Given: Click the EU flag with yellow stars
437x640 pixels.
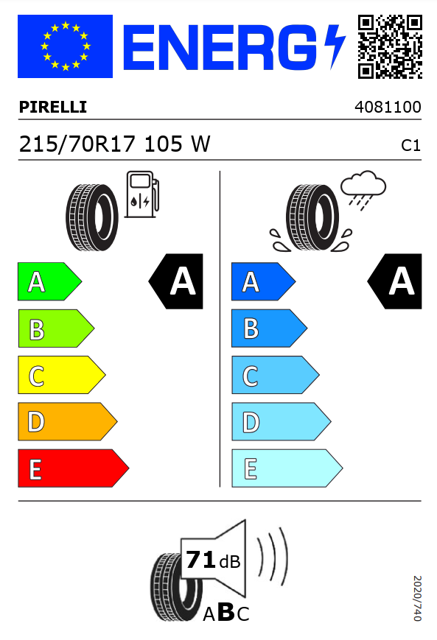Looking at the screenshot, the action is (65, 46).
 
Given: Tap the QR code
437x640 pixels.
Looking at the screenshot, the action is (390, 46).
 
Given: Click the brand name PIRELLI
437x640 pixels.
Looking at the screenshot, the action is (53, 107).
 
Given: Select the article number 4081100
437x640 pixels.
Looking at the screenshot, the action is (388, 107).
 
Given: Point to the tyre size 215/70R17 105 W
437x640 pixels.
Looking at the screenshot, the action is (115, 144).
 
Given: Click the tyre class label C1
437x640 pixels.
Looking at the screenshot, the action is (410, 145).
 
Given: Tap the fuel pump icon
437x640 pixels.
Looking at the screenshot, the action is (142, 194).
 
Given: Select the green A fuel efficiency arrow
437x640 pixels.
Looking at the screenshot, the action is (49, 281).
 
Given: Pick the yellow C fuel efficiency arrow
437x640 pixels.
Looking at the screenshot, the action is (62, 375).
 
